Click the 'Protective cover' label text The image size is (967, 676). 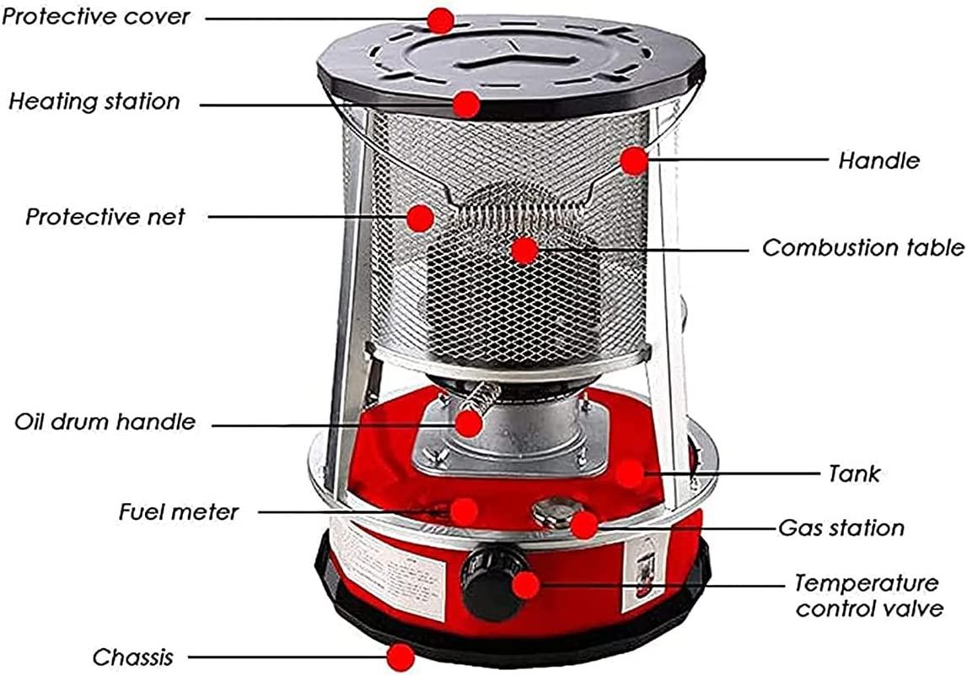95,17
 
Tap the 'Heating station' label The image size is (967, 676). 94,101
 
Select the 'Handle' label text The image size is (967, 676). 878,160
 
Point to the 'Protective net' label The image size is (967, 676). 105,217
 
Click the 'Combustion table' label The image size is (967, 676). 863,247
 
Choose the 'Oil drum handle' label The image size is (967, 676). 105,422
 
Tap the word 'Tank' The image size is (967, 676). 854,474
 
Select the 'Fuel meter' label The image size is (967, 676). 179,511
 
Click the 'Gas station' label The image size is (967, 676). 841,527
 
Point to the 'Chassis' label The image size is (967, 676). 133,657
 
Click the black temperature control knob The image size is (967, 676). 493,582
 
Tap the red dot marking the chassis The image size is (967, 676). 401,657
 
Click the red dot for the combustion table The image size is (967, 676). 524,251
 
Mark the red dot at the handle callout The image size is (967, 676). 634,161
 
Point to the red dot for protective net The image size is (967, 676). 420,218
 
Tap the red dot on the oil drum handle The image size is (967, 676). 469,424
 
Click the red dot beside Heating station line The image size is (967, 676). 466,105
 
